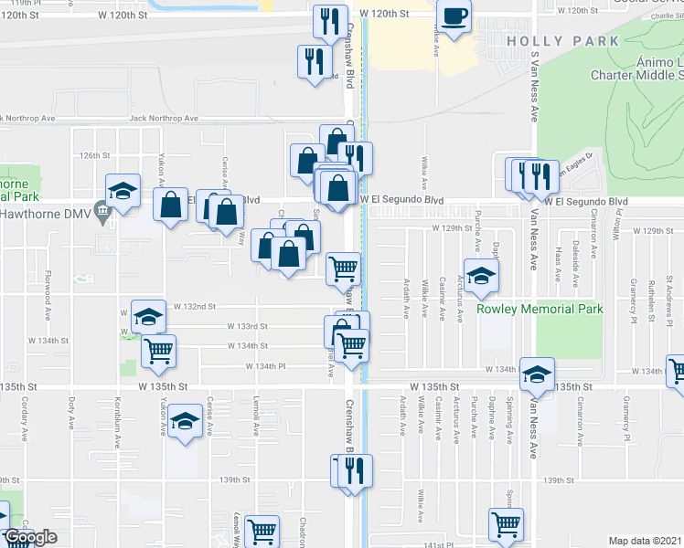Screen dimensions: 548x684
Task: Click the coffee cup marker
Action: [454, 16]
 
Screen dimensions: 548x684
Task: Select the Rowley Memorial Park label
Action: [540, 309]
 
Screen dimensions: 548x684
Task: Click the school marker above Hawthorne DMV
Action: [123, 190]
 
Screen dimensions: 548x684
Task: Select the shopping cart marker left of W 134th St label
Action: [159, 350]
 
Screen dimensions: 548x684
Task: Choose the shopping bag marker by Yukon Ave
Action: [172, 205]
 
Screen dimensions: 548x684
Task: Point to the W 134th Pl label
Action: [265, 366]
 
